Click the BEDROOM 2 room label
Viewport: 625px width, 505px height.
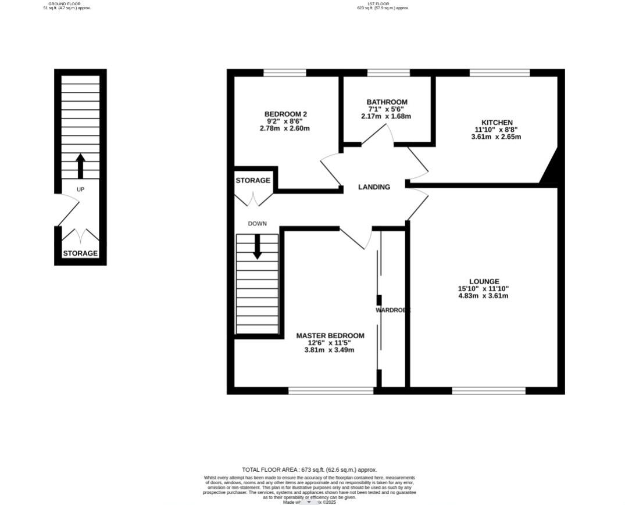285,114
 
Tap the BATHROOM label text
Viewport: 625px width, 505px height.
387,102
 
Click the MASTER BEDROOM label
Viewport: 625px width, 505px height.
330,336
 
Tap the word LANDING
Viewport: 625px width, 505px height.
374,187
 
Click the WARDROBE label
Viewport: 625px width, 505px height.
392,310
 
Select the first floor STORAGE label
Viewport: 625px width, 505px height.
253,181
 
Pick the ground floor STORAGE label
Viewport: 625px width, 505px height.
80,253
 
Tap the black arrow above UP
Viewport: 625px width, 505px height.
80,166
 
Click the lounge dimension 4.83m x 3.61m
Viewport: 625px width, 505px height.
483,296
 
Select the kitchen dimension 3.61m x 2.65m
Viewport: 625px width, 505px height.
495,137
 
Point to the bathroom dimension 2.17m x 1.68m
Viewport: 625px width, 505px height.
386,116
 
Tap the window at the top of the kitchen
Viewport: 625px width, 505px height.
499,73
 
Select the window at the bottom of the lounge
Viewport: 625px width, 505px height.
488,391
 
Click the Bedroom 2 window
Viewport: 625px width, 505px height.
284,73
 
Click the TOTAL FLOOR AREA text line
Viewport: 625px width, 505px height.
309,470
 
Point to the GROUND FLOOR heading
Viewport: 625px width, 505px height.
65,3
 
